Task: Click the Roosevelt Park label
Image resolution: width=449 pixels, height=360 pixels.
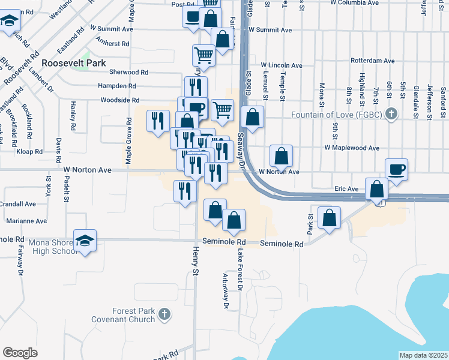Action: click(74, 63)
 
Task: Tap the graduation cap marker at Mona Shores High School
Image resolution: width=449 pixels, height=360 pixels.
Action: click(85, 241)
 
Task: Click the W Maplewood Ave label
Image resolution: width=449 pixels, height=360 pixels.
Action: click(352, 148)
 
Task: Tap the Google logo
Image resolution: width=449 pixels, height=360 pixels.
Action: click(20, 353)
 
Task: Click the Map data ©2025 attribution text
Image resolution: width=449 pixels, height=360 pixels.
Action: click(423, 355)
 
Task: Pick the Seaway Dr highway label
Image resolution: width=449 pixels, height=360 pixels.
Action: click(242, 151)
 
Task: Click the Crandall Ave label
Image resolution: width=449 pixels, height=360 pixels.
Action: click(19, 204)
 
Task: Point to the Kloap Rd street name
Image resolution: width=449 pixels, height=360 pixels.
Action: click(29, 152)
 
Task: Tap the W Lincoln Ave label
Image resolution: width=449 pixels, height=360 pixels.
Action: click(281, 65)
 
